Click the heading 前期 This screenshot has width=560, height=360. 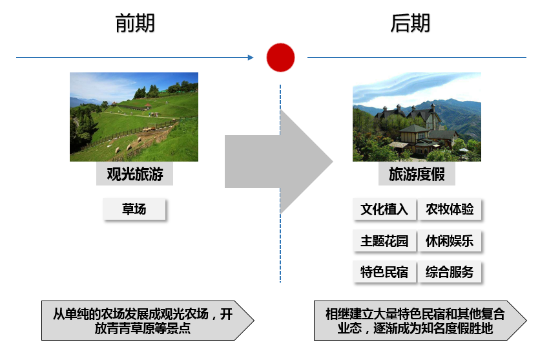click(x=135, y=23)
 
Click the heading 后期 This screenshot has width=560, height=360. click(x=410, y=23)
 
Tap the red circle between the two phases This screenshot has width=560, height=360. click(x=280, y=58)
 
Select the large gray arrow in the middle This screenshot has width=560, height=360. click(x=278, y=162)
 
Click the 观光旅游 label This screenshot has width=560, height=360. click(x=134, y=174)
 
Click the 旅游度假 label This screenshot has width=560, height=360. click(x=417, y=174)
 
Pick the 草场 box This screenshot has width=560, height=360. click(x=134, y=209)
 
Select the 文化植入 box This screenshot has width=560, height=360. click(x=384, y=209)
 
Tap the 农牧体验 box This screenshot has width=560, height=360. click(x=450, y=209)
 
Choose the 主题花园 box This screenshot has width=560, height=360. click(x=384, y=240)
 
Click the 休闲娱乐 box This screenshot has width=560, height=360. click(x=450, y=240)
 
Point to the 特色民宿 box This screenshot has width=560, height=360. click(x=384, y=271)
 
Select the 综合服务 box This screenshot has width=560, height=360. click(x=450, y=271)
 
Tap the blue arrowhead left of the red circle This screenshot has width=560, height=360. click(x=251, y=58)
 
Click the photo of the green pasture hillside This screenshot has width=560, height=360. click(x=134, y=117)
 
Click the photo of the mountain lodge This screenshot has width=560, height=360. click(x=417, y=117)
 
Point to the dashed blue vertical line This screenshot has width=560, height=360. click(x=280, y=184)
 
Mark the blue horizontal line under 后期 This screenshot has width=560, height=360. click(x=417, y=58)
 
